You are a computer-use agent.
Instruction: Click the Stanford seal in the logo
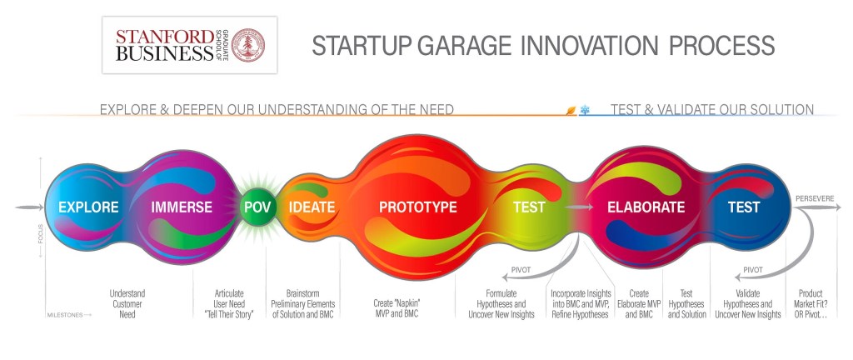(248, 45)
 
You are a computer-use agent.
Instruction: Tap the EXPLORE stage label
(88, 207)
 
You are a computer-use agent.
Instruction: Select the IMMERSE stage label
(182, 207)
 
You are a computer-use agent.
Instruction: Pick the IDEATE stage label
(312, 207)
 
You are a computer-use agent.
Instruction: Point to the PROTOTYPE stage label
(418, 207)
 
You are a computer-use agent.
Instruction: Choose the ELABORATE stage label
(646, 207)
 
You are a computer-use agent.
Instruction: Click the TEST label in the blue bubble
(744, 207)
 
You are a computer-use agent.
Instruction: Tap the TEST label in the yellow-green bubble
(529, 207)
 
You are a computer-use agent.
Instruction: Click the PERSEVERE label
(815, 198)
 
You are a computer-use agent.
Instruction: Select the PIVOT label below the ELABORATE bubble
(521, 270)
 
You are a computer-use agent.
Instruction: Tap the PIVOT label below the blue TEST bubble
(753, 270)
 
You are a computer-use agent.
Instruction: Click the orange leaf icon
(571, 110)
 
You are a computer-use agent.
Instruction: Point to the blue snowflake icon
(585, 110)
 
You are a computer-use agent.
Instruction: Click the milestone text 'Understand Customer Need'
(127, 303)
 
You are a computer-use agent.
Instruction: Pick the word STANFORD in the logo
(165, 37)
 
